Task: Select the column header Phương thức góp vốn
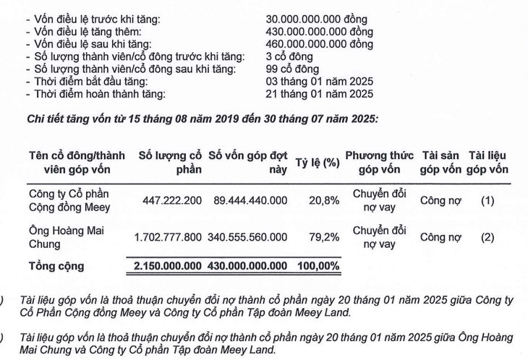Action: [x=379, y=163]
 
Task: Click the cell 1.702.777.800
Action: [x=168, y=237]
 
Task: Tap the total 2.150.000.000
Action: [x=168, y=266]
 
